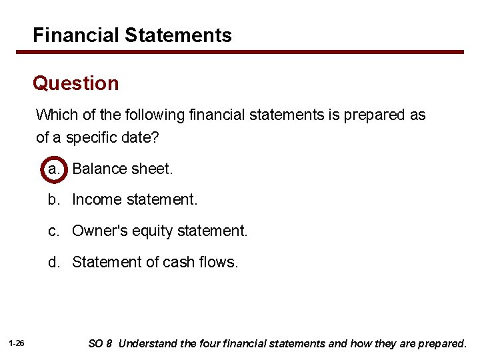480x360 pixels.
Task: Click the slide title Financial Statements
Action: [x=132, y=35]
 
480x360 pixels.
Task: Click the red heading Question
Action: [x=76, y=83]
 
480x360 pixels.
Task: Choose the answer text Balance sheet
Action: [x=122, y=169]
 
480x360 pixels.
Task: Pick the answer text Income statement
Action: [x=135, y=199]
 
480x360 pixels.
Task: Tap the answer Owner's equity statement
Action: [x=159, y=231]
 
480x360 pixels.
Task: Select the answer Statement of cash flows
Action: [x=155, y=262]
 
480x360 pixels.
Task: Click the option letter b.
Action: [x=53, y=199]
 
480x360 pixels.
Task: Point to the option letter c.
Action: [x=53, y=231]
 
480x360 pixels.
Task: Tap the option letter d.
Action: [x=53, y=262]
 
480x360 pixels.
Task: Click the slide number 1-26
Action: [x=17, y=343]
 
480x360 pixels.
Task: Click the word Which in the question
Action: [x=57, y=115]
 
